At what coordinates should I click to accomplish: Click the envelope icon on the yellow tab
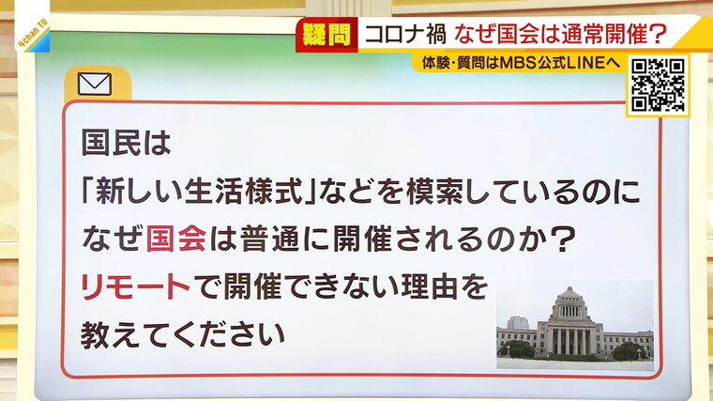point(95,85)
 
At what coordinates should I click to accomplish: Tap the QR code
point(658,85)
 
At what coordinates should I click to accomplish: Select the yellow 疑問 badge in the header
point(326,35)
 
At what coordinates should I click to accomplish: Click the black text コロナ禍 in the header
point(405,34)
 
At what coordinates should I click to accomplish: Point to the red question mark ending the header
point(658,35)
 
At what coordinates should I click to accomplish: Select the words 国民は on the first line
point(126,143)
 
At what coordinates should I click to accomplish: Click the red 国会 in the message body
point(176,239)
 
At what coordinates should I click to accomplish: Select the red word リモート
point(135,286)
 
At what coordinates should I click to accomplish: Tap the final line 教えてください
point(183,335)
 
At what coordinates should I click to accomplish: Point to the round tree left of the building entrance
point(517,349)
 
